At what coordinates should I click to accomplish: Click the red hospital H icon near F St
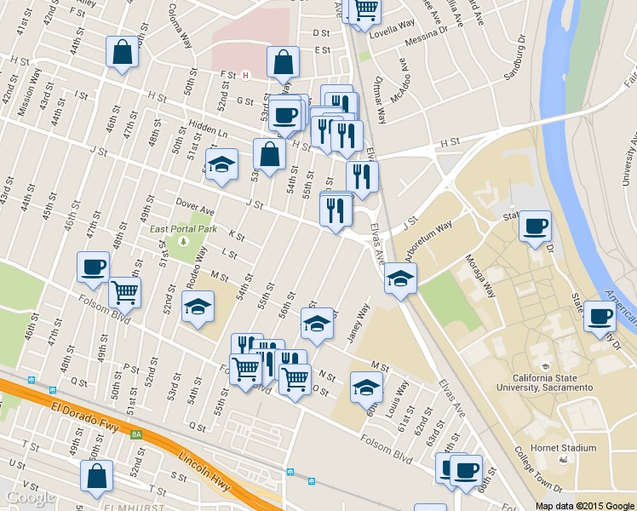coord(246,75)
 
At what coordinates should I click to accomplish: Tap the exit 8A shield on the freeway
coord(136,434)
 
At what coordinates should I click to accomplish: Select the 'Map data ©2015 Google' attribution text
coord(585,505)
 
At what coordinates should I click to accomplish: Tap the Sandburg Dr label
coord(522,64)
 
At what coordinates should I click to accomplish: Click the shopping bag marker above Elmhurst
coord(96,474)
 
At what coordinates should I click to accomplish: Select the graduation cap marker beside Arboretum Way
coord(400,277)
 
